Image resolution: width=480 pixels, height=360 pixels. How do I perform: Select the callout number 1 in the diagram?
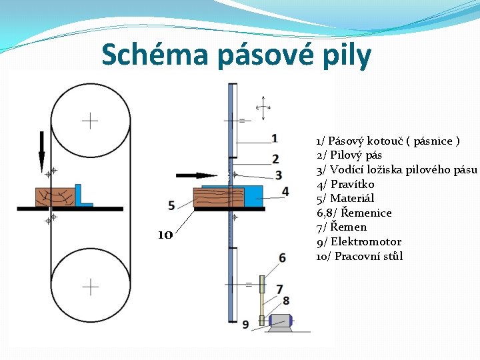click(275, 138)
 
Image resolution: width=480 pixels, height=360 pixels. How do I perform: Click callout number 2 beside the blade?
click(275, 159)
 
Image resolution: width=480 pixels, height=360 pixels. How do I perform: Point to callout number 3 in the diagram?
click(279, 175)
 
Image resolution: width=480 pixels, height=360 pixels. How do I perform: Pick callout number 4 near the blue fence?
click(285, 191)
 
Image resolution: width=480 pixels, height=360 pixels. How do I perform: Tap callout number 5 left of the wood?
click(172, 205)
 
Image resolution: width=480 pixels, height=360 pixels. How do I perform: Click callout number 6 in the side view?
click(283, 257)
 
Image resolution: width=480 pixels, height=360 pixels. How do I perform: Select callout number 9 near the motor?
click(245, 324)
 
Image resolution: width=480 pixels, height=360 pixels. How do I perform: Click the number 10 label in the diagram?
click(165, 235)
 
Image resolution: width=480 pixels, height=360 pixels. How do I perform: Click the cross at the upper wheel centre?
click(90, 121)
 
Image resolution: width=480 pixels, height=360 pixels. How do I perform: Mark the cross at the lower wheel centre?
click(90, 287)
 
